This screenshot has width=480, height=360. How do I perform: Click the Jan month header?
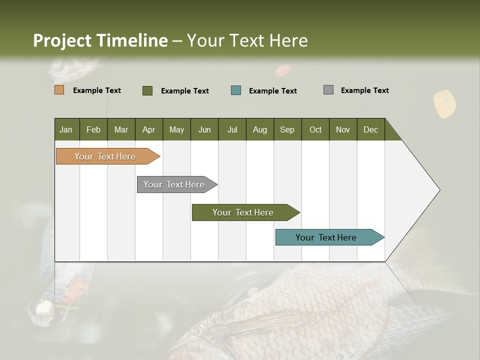66,129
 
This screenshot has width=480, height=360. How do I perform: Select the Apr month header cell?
148,129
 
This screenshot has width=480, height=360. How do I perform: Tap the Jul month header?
232,129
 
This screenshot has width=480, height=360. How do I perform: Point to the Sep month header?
287,129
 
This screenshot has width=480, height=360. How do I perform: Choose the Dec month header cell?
370,129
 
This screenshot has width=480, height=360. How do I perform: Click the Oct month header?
315,129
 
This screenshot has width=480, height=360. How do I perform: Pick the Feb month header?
93,129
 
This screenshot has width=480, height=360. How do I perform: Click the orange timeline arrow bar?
105,156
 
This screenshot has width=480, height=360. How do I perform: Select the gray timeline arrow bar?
174,184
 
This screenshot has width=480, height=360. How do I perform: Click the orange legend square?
59,90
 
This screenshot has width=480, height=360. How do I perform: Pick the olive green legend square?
147,90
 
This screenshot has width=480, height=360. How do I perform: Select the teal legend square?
235,90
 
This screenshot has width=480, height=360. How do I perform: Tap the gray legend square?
328,90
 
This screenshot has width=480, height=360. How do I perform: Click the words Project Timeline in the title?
100,40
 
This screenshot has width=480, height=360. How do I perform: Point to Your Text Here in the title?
247,40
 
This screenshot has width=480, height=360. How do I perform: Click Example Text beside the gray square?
364,90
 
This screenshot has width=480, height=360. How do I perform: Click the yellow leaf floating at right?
444,103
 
